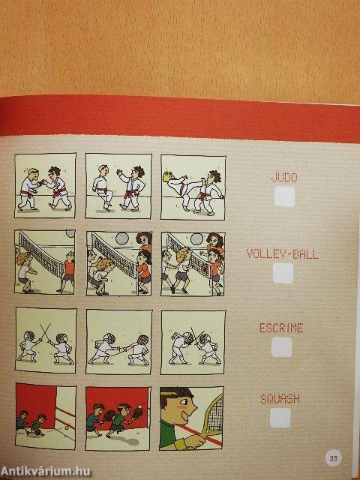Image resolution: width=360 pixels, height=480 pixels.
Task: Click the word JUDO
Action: click(284, 177)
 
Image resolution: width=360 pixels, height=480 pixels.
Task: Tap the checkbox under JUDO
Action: click(284, 196)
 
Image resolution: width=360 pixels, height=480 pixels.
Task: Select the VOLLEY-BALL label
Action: click(282, 254)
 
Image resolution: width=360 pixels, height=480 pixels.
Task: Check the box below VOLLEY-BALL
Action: click(283, 273)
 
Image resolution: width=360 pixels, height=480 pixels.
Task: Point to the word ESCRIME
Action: click(281, 328)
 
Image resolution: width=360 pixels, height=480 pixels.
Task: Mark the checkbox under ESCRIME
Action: click(282, 346)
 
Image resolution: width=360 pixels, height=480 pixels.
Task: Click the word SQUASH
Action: click(280, 399)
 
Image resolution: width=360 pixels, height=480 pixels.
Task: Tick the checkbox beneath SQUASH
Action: click(280, 418)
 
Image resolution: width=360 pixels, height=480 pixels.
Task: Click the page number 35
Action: click(333, 458)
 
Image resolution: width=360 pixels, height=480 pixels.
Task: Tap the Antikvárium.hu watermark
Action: click(45, 472)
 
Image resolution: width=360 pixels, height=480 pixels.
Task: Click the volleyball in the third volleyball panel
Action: click(196, 239)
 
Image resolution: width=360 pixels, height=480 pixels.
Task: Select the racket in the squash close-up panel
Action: click(212, 417)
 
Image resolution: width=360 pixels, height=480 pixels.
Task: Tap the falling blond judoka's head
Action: click(168, 177)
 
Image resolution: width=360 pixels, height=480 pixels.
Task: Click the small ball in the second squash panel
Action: click(140, 406)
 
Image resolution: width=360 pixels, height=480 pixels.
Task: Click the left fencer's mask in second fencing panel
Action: click(110, 338)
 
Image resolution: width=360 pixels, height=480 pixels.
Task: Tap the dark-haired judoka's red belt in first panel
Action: click(60, 193)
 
